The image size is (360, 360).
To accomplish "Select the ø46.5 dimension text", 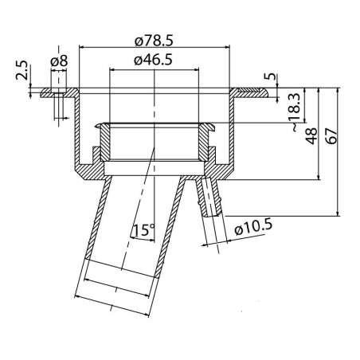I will [155, 61].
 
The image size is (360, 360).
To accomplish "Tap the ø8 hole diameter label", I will [58, 61].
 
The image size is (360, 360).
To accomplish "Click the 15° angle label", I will [143, 230].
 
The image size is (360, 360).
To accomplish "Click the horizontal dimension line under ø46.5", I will [155, 69].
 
